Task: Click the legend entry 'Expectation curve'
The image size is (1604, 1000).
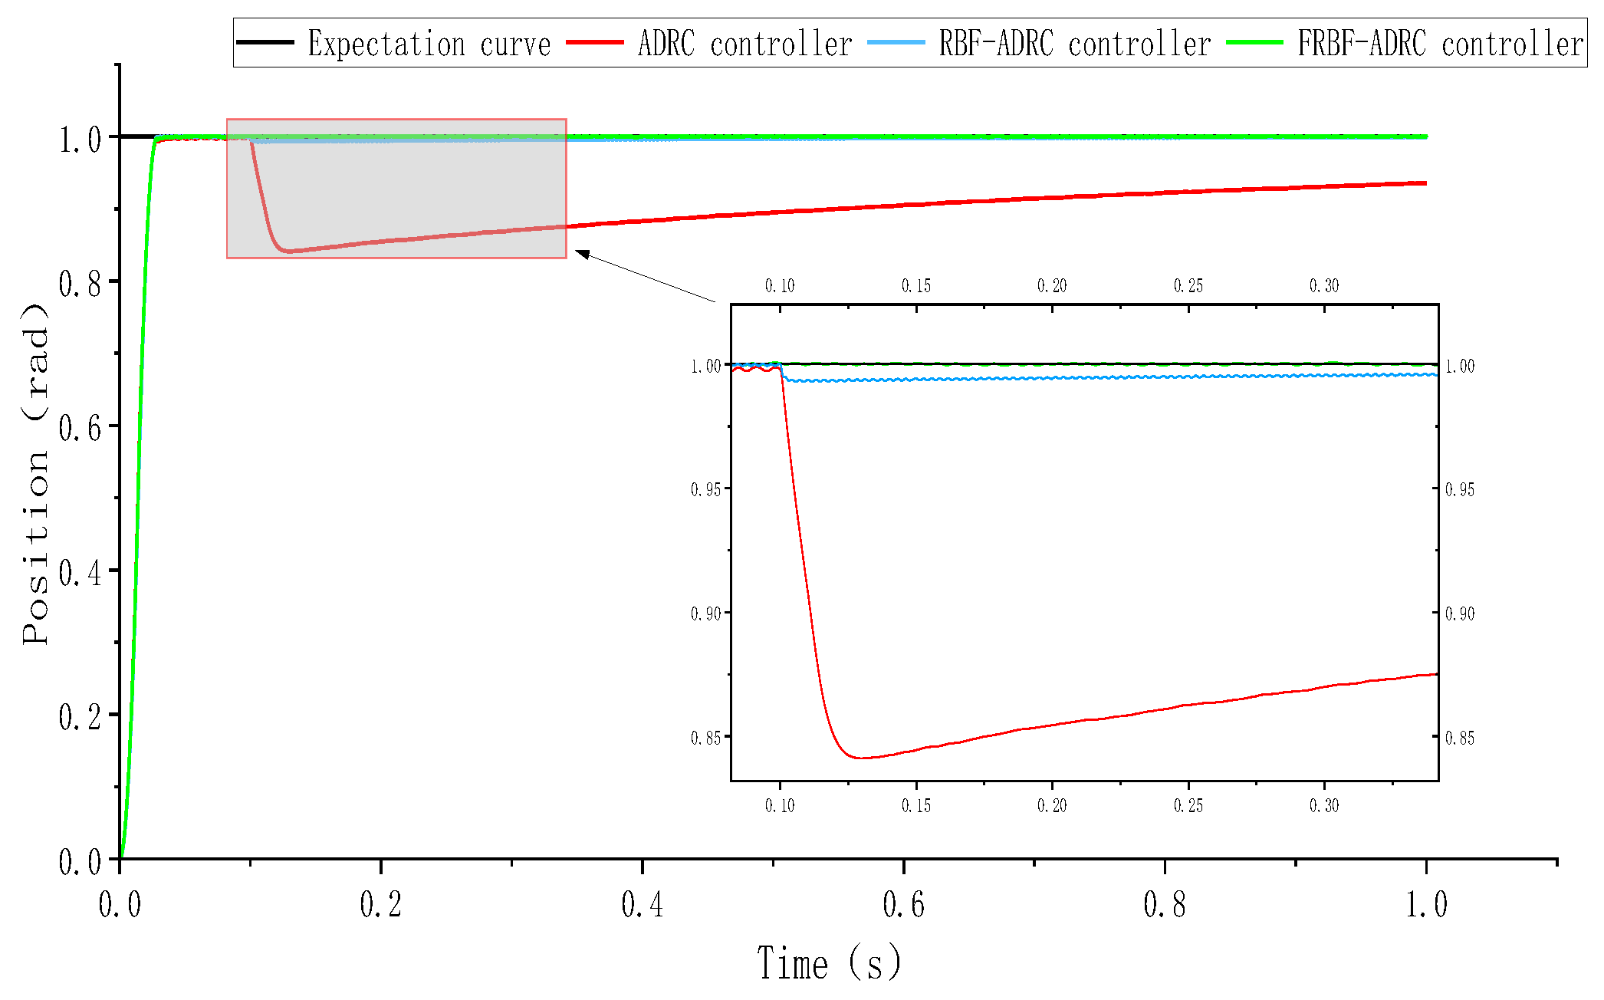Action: point(429,44)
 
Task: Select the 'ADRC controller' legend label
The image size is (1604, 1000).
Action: point(744,44)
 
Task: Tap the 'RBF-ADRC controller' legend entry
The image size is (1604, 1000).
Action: point(1075,44)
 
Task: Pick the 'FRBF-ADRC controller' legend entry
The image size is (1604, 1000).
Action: point(1440,44)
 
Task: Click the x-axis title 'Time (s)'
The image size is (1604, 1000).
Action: point(829,963)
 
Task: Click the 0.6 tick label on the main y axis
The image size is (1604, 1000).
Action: point(80,427)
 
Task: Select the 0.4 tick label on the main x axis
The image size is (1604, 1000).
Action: point(642,905)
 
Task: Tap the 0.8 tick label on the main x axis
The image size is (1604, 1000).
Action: point(1165,905)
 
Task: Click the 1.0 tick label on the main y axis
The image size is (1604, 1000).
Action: point(80,140)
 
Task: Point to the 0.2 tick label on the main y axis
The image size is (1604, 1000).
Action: point(80,717)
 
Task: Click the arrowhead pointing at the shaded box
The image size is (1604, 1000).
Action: point(581,254)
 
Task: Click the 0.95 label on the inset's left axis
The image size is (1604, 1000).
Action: point(705,489)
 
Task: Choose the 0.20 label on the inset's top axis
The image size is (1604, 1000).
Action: point(1052,286)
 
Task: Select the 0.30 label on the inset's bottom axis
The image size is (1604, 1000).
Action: point(1324,805)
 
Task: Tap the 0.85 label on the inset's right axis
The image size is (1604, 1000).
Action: point(1460,738)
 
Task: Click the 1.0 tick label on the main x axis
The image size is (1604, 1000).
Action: point(1426,905)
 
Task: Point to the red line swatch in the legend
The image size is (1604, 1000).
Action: point(595,43)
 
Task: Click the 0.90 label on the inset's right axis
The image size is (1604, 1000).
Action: point(1460,613)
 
